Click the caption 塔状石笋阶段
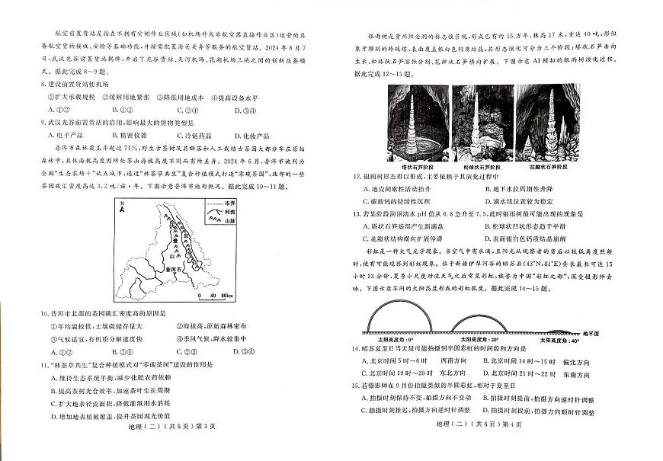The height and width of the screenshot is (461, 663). click(416, 166)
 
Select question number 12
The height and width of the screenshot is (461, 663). click(356, 176)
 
